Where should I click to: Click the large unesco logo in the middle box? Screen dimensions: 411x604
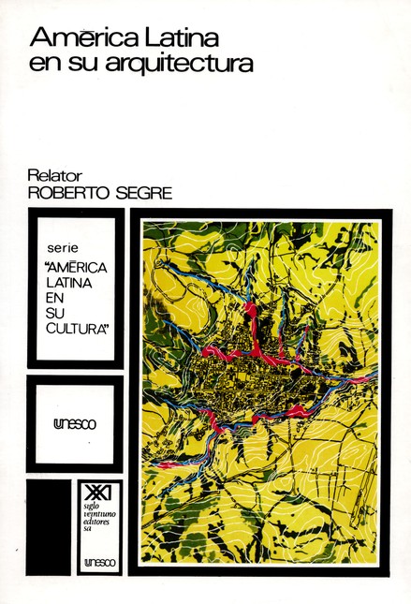tap(73, 422)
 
